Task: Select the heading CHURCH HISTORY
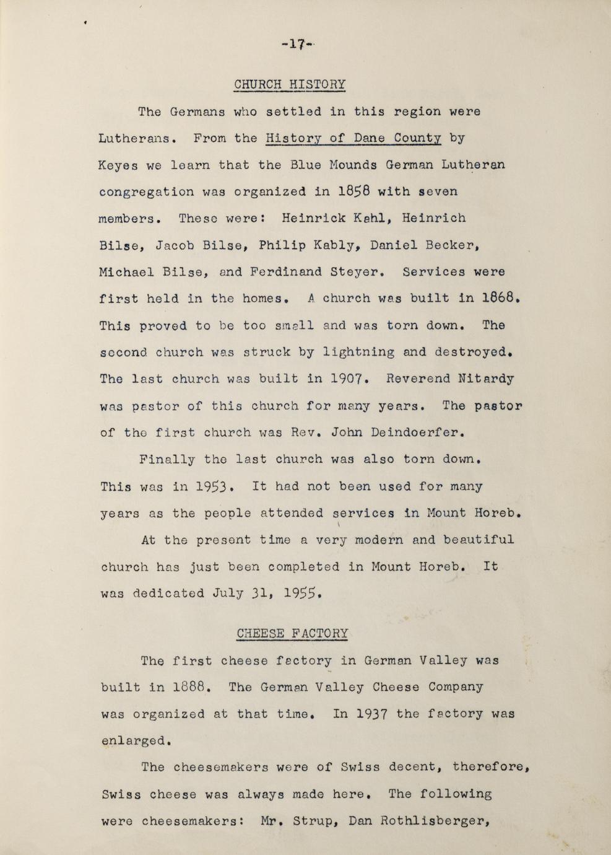tap(290, 84)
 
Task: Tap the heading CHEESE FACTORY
tap(292, 633)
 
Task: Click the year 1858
tap(354, 191)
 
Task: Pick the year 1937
tap(372, 714)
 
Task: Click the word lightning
tap(358, 353)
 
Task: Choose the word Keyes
tap(118, 165)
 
